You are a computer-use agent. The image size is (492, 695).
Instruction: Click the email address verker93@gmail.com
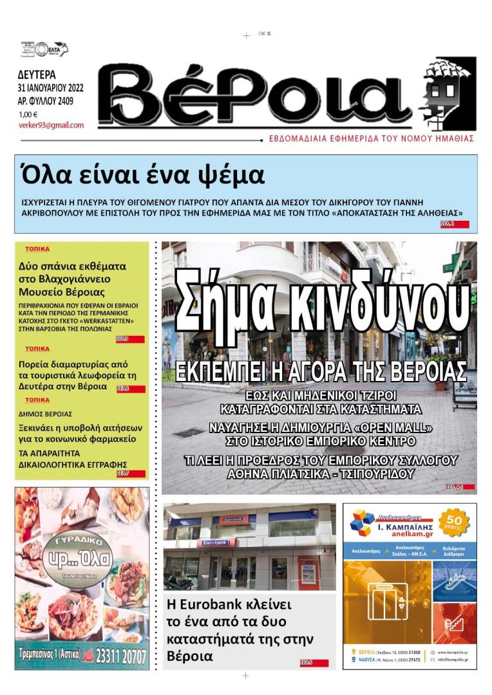51,125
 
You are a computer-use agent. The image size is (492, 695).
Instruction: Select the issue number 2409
64,100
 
